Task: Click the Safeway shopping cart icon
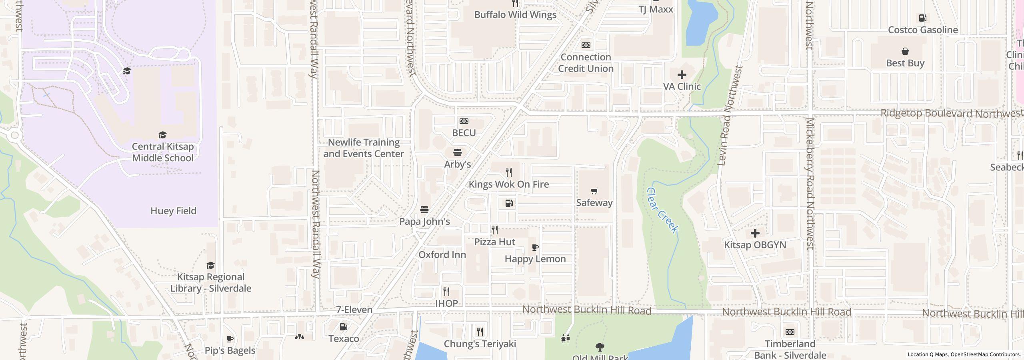pos(594,191)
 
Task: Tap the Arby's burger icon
pos(458,152)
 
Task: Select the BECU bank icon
pos(464,121)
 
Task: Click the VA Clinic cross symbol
pos(682,75)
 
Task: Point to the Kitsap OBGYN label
pos(755,245)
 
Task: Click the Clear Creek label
pos(662,210)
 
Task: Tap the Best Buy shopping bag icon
pos(905,51)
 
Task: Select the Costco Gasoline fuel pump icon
pos(923,18)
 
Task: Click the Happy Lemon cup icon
pos(535,248)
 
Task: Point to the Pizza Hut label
pos(495,242)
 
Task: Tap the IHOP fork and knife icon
pos(446,292)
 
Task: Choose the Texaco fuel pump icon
pos(343,327)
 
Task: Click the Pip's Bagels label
pos(230,350)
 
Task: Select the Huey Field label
pos(173,211)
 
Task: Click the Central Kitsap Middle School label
pos(163,152)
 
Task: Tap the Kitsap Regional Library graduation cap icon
pos(210,266)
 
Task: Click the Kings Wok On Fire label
pos(508,184)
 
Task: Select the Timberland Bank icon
pos(790,332)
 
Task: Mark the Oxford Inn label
pos(442,254)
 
